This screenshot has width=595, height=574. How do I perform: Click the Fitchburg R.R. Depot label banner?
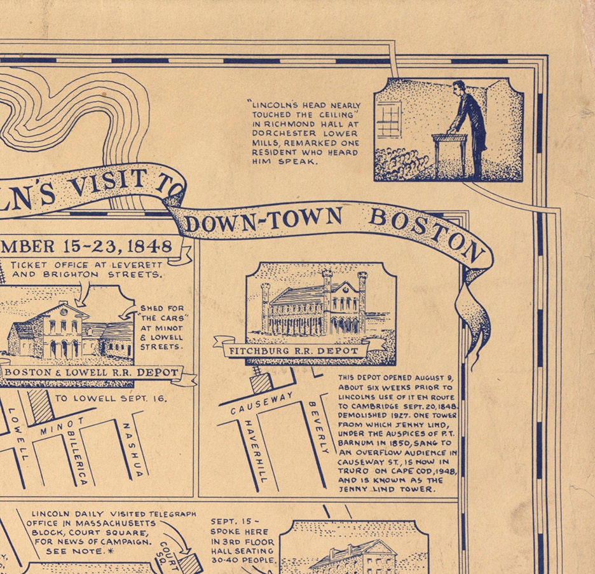tap(299, 350)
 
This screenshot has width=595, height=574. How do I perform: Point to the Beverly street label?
tap(319, 427)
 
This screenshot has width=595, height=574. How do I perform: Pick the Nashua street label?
tap(133, 448)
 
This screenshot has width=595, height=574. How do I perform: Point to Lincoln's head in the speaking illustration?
tap(458, 88)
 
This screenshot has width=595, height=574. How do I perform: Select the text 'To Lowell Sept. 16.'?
tap(110, 399)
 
